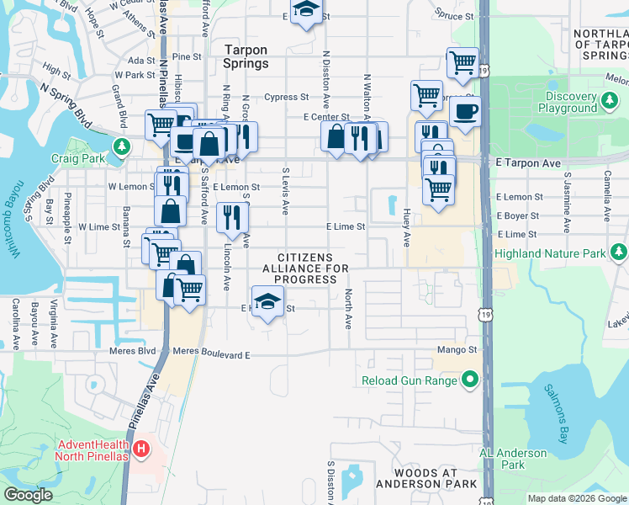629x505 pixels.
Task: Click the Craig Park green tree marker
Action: click(123, 146)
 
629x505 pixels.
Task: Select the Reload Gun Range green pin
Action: click(469, 380)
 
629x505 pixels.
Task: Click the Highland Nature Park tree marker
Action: click(619, 252)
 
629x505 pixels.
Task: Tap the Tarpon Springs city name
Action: click(246, 56)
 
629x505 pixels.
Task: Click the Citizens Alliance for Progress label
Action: click(311, 268)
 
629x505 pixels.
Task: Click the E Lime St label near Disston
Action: click(346, 226)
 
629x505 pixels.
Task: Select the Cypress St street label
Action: click(286, 97)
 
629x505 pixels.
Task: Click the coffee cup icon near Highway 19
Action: click(464, 110)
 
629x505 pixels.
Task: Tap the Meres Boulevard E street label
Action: click(211, 354)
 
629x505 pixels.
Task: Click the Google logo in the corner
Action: click(28, 495)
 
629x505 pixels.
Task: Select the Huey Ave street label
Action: click(406, 228)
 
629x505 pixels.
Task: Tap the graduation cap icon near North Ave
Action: click(267, 301)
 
